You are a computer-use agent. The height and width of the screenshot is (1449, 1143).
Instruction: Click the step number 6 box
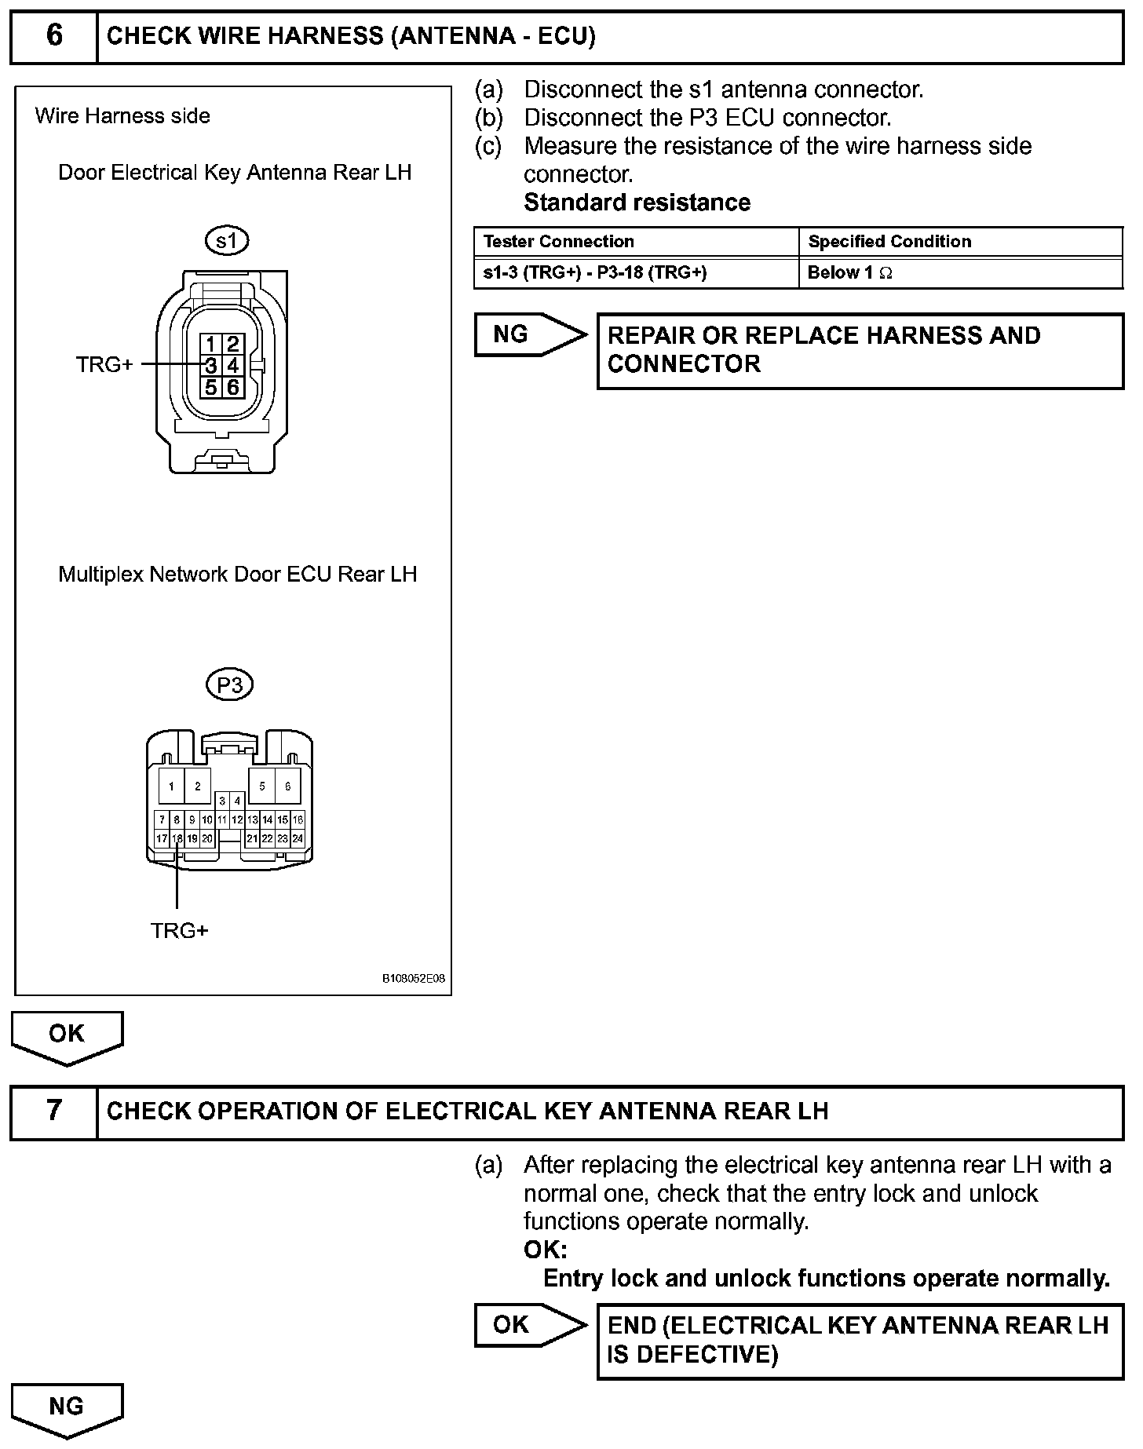(53, 36)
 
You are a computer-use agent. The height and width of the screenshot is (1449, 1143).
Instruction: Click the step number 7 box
(53, 1111)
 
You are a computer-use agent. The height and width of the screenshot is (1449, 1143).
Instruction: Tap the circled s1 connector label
(226, 240)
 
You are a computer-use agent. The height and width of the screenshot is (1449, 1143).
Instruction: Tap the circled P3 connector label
(229, 685)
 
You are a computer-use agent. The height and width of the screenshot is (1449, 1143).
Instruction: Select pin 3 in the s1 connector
(211, 365)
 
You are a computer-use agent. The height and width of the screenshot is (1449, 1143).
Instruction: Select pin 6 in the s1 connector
(232, 386)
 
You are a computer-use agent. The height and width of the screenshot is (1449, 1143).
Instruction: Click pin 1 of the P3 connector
(171, 786)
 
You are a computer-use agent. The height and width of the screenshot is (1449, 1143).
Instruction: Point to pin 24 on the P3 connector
(298, 838)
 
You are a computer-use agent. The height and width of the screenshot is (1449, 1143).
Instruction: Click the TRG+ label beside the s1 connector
(104, 365)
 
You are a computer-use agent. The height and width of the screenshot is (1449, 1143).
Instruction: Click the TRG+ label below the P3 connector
(180, 931)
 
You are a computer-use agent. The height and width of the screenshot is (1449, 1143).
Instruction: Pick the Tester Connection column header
(559, 242)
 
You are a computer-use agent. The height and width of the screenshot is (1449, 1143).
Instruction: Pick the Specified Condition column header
(889, 242)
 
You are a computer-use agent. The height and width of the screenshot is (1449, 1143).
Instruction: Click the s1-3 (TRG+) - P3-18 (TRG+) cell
(595, 273)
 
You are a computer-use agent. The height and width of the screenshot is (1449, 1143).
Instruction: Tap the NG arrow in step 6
(528, 334)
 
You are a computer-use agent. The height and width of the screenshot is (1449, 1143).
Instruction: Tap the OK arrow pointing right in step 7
(528, 1325)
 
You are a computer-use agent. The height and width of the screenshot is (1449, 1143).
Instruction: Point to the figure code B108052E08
(414, 979)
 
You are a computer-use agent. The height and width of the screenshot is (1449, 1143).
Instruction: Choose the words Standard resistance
(637, 203)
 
